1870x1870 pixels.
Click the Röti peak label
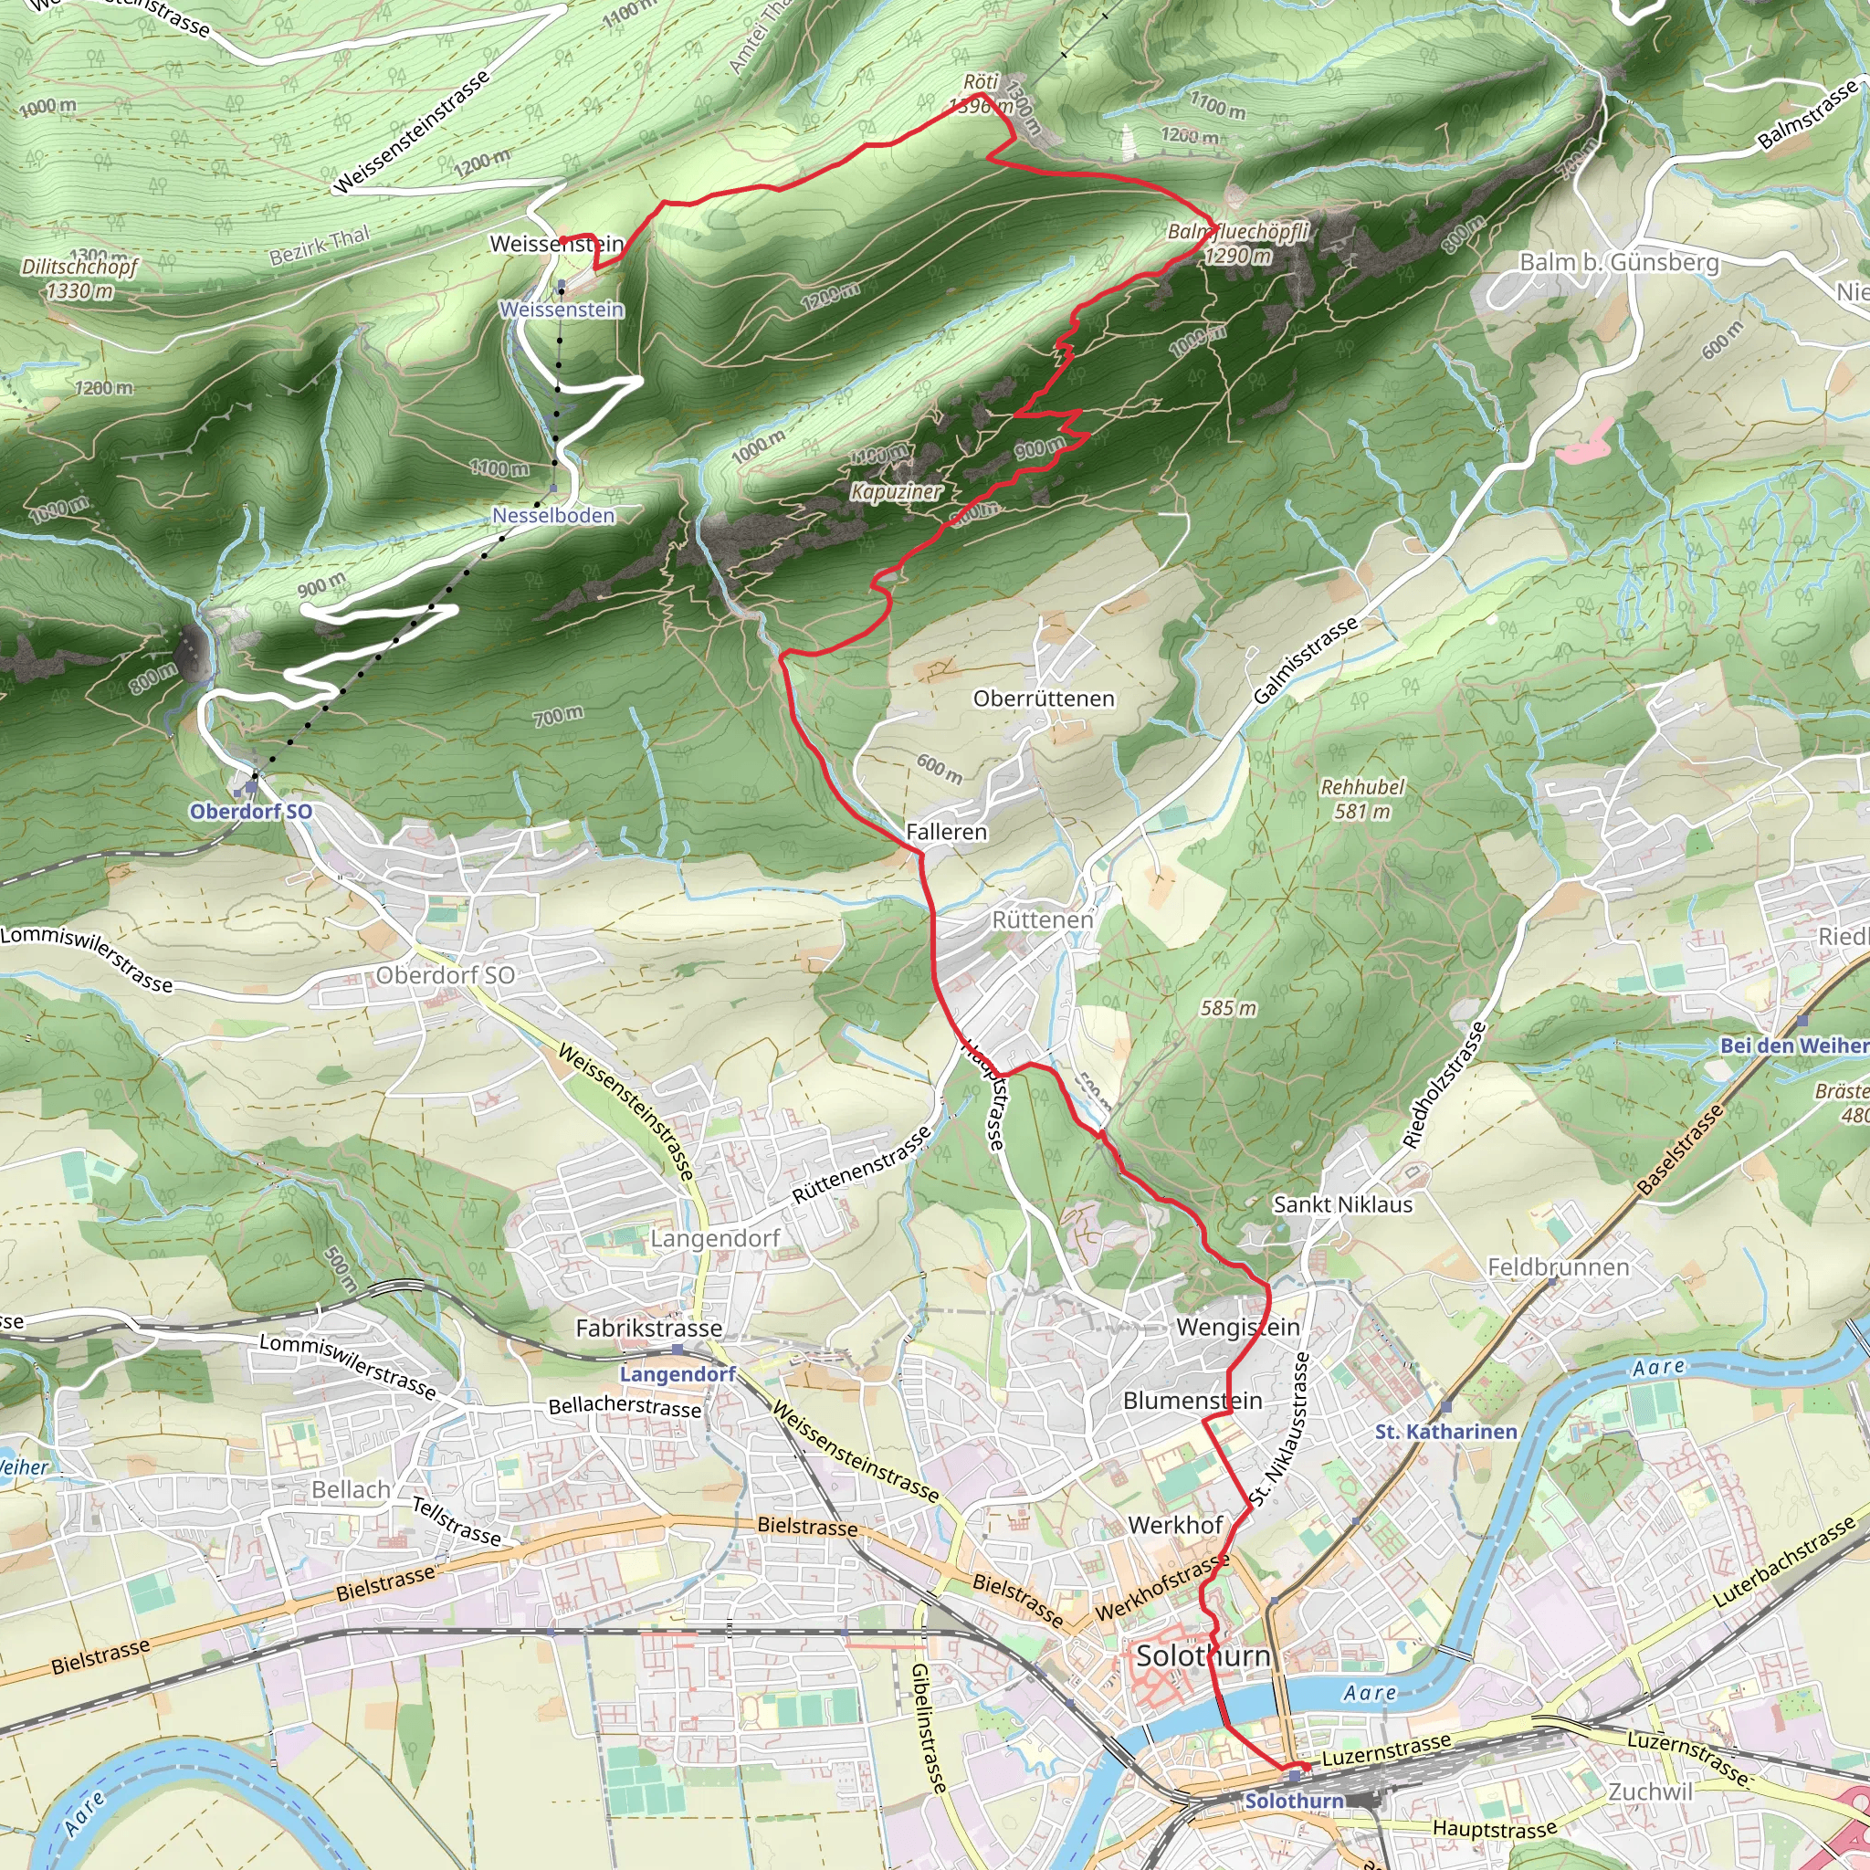(981, 82)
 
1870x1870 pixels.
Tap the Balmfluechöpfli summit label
(1238, 231)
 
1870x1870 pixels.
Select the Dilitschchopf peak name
(80, 267)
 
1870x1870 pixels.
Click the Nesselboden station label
(553, 516)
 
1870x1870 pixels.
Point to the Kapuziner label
(897, 492)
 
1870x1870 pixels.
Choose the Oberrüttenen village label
(1044, 699)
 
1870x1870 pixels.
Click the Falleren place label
(947, 833)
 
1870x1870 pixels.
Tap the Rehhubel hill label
(1361, 787)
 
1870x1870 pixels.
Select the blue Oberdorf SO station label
(251, 812)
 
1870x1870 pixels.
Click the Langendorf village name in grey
(714, 1238)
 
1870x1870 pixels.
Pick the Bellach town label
(352, 1489)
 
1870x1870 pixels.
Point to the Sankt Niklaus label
(1342, 1205)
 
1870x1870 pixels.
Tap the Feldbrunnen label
(1559, 1267)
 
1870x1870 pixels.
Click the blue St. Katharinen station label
(1446, 1432)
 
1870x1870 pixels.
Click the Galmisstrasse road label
(1306, 662)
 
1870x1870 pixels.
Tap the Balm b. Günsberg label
(1619, 262)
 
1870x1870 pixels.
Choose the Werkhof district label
(1175, 1526)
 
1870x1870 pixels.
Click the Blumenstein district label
(1192, 1401)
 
